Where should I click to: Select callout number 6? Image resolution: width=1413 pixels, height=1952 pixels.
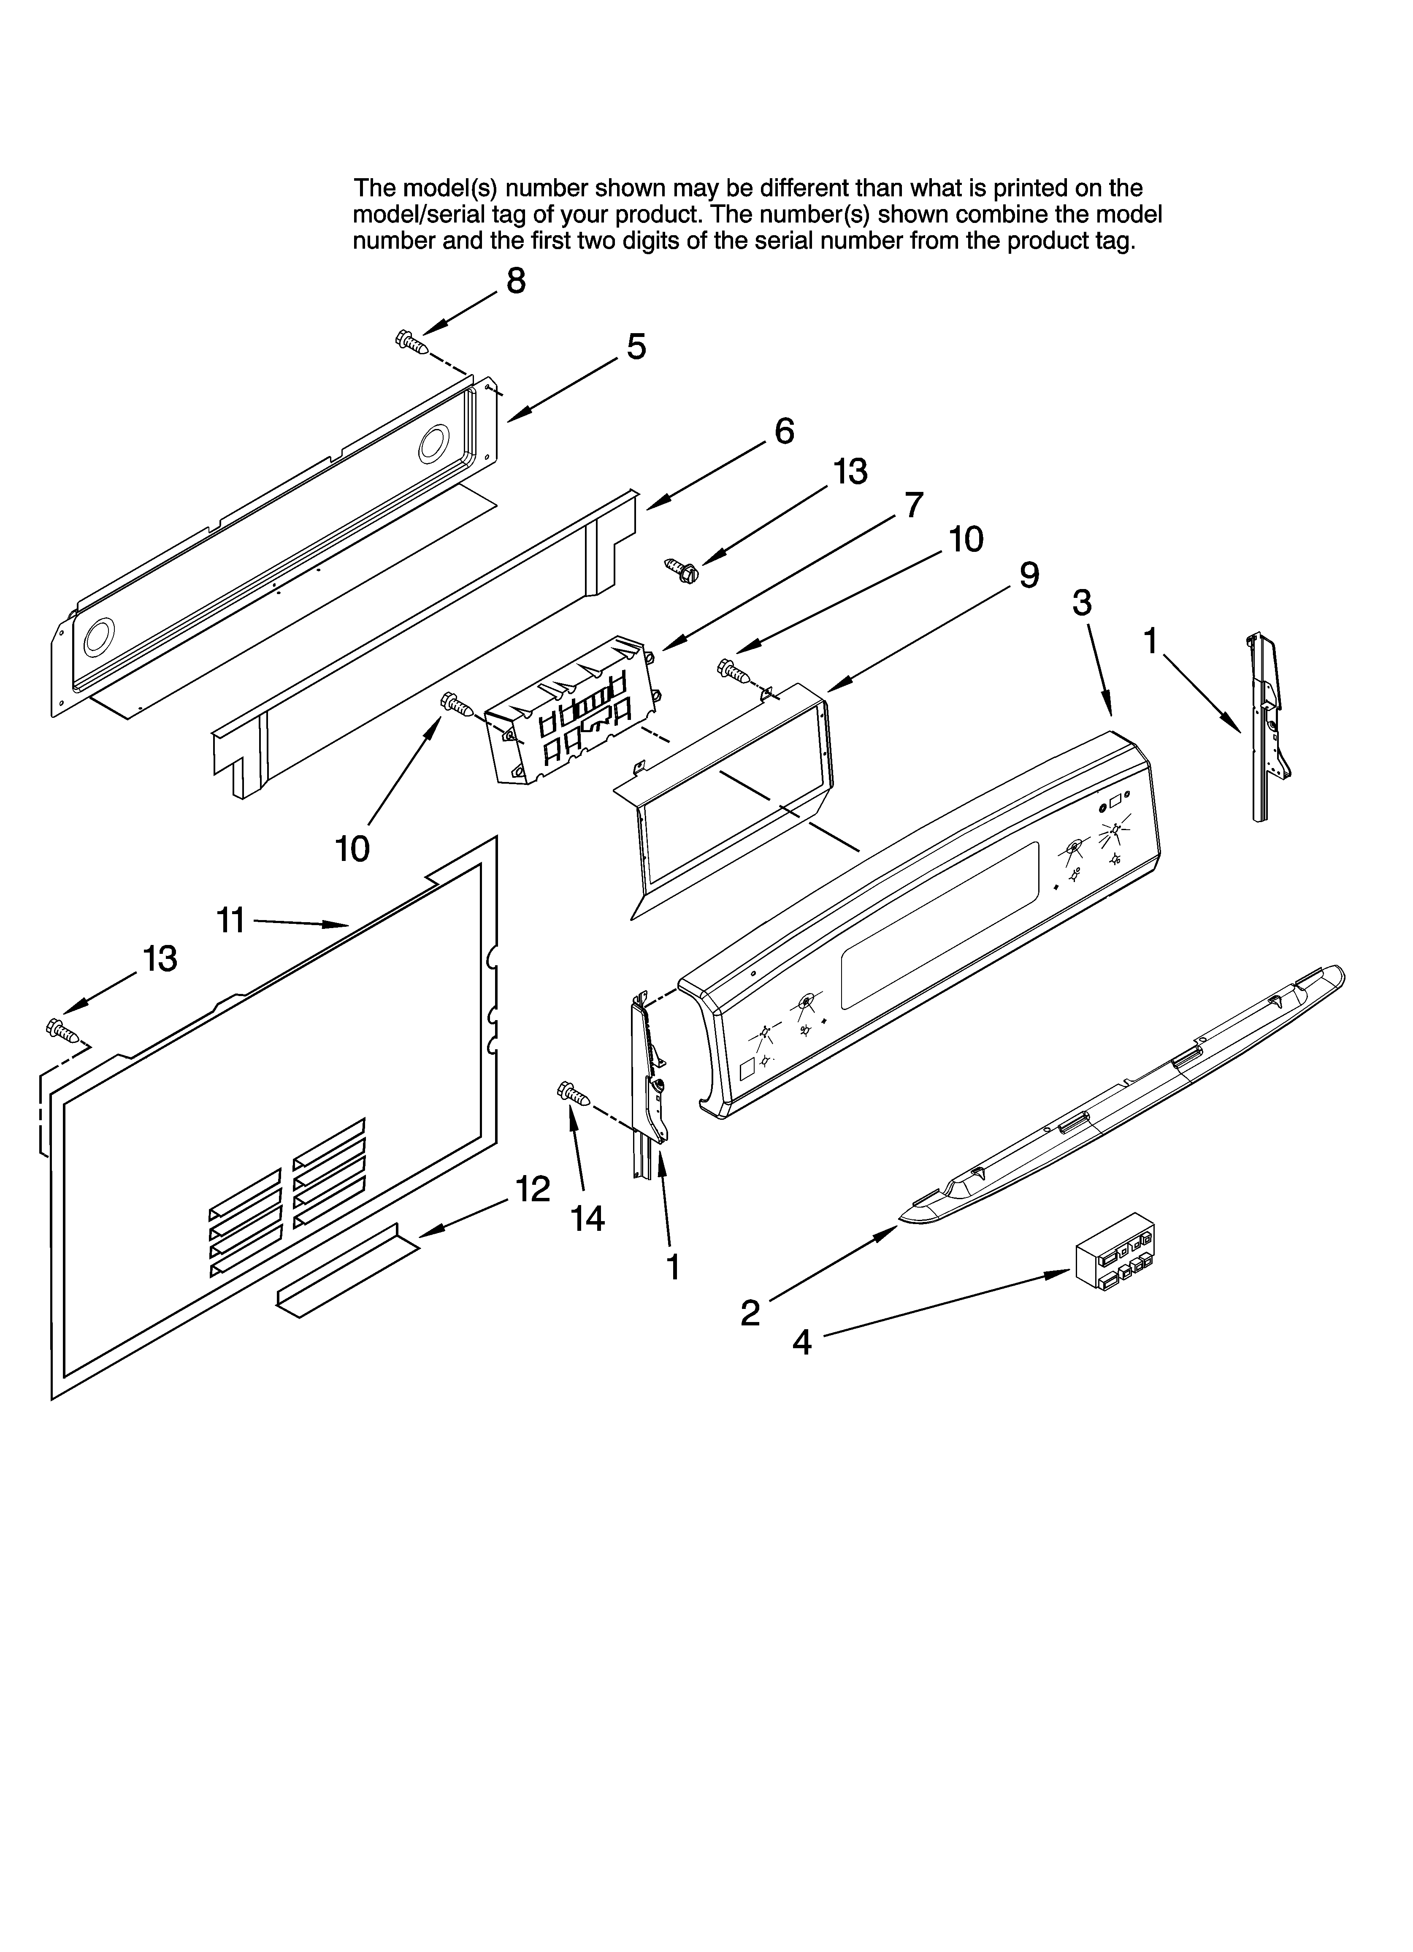pyautogui.click(x=784, y=431)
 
